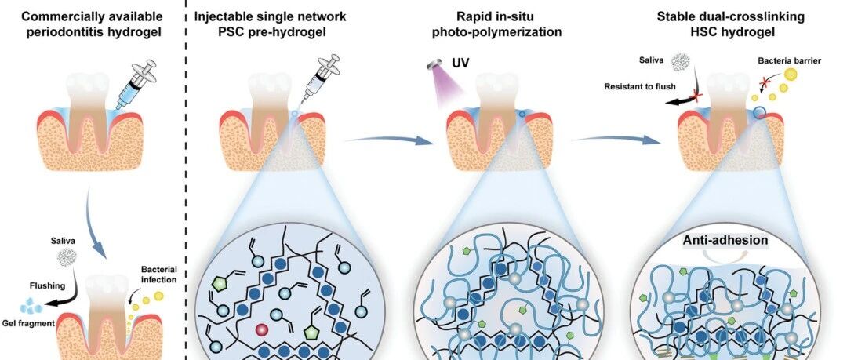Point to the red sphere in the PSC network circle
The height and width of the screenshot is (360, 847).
pos(262,329)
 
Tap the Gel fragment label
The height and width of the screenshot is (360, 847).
pos(35,323)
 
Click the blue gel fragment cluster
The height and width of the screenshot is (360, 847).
pos(31,307)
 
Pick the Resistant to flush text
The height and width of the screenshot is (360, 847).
pos(640,86)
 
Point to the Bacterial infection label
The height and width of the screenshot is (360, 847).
pos(158,274)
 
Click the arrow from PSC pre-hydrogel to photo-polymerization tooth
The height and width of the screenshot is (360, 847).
pos(388,140)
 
